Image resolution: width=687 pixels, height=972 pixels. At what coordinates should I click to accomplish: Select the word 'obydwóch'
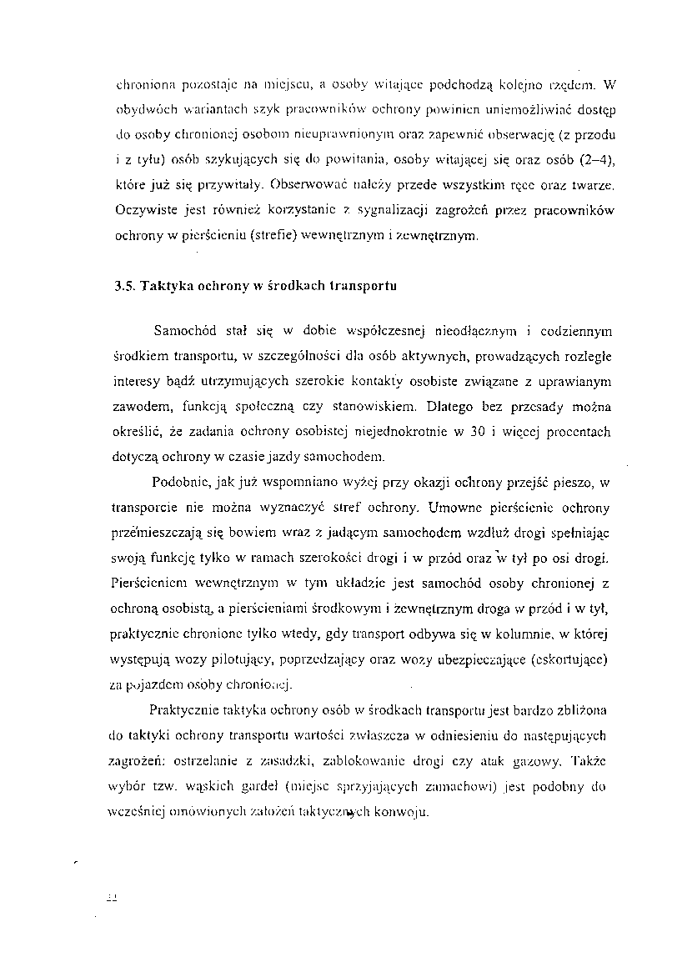139,108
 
